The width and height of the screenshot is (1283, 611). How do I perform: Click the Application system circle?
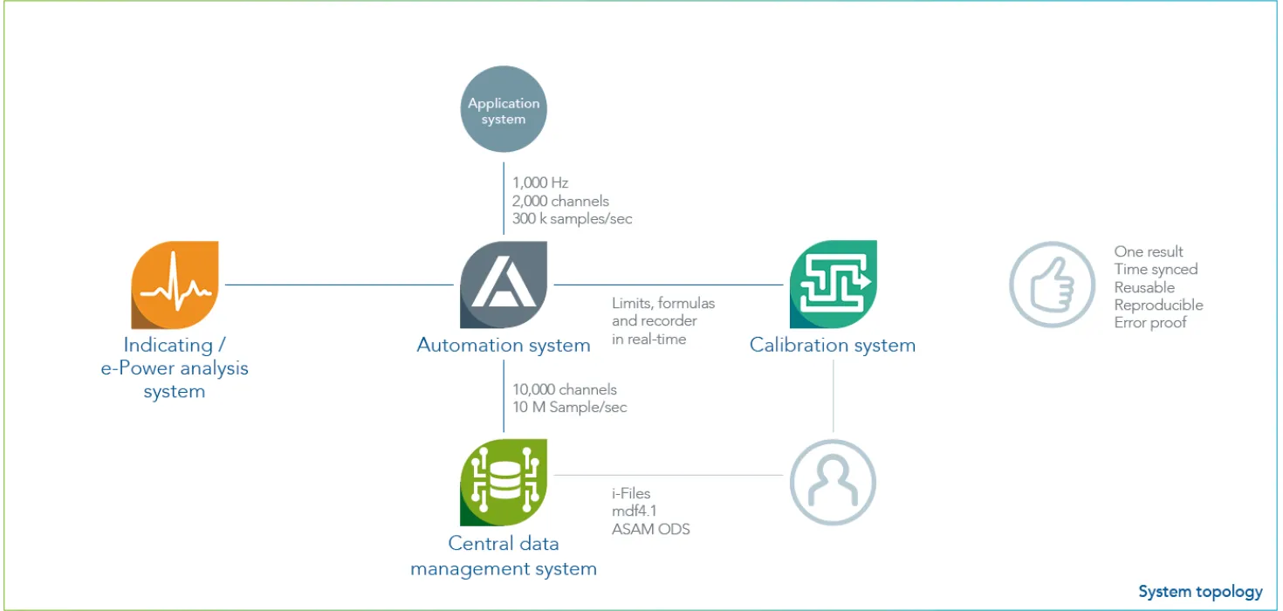504,110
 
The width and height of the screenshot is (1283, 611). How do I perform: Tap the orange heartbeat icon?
175,285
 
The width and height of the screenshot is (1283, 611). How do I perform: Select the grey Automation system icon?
504,285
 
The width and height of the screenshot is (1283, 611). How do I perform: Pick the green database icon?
504,483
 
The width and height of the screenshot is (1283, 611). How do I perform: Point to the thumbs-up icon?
1052,285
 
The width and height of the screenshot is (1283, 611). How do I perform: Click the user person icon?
833,483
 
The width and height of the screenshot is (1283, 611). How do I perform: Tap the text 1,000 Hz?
540,183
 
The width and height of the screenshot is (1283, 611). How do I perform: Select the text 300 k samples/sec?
572,219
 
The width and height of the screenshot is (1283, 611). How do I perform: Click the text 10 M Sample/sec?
569,407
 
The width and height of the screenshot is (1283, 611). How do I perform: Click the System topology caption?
1200,592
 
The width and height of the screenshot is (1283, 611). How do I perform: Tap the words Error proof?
1150,322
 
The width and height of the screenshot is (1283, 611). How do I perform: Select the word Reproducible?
1158,305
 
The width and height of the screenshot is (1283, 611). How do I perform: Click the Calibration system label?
832,345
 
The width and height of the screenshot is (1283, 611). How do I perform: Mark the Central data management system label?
504,556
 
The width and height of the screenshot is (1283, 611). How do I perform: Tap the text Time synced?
1156,270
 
